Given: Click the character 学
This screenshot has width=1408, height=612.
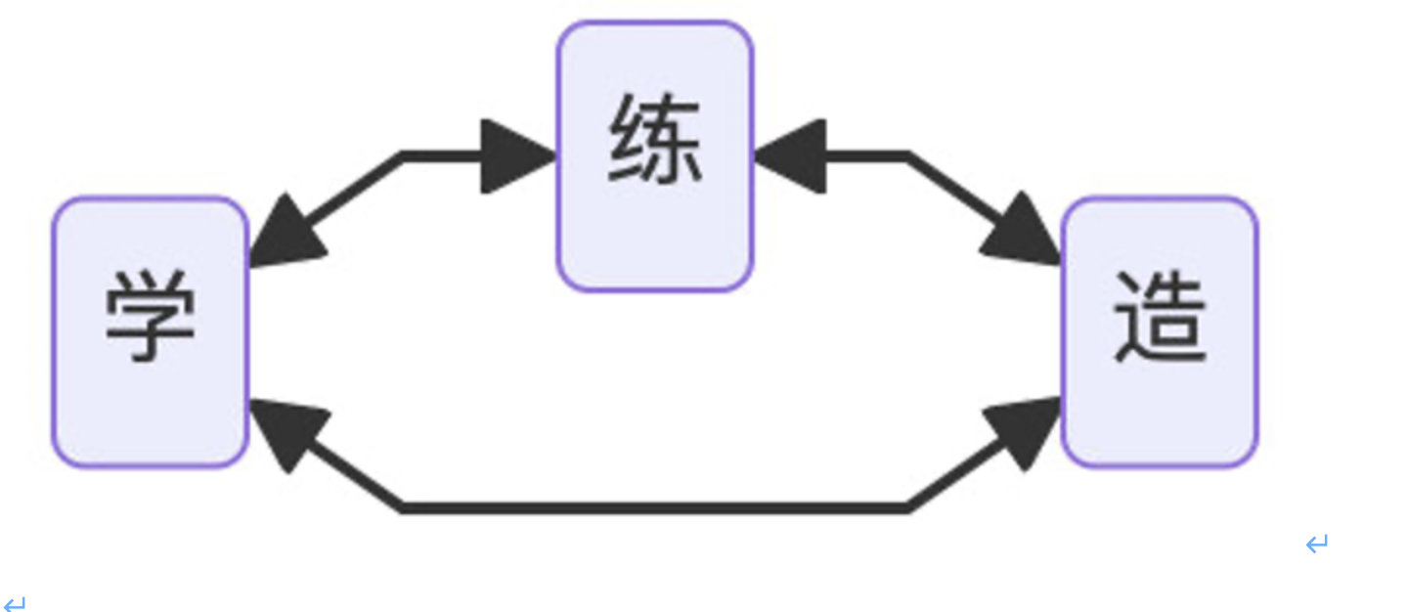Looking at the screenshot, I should point(150,316).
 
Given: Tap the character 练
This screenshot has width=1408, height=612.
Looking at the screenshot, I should point(654,142).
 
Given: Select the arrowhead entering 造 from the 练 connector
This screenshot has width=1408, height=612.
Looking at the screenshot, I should point(1025,233).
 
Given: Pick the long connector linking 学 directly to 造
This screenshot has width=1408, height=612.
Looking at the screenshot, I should point(655,507).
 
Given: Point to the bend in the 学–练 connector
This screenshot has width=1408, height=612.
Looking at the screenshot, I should point(403,155).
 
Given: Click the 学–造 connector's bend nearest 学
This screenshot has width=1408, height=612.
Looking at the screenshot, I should point(403,507).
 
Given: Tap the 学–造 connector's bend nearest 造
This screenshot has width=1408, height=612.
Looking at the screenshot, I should point(907,507).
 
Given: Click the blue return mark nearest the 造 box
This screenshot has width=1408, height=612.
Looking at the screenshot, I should point(1317,544).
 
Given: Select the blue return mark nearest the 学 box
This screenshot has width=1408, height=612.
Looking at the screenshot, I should point(15,604).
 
